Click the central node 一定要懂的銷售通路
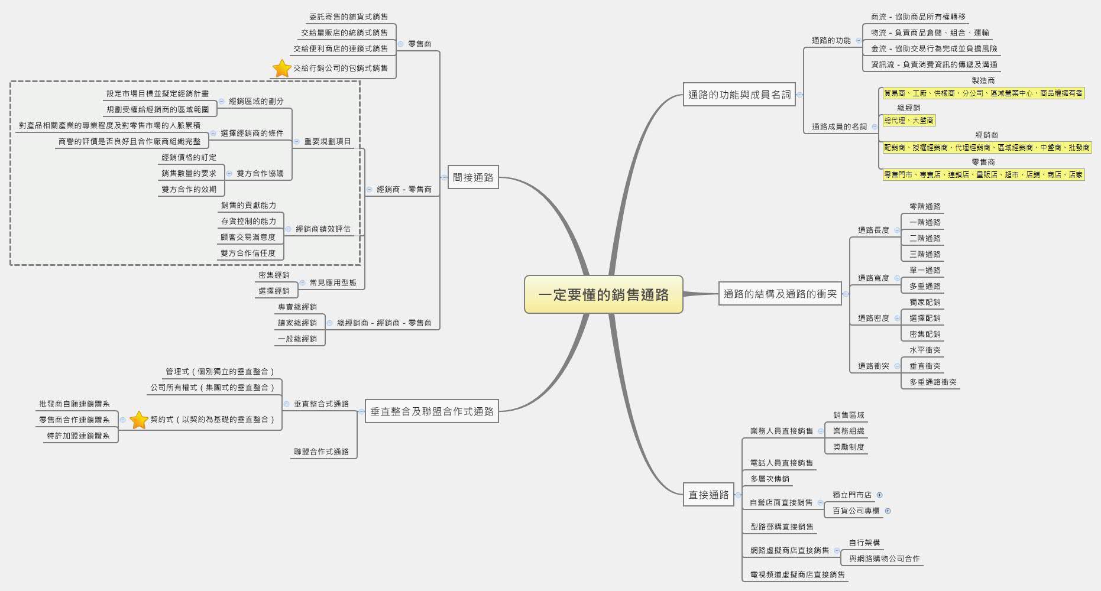pos(603,294)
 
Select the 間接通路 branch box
pos(473,177)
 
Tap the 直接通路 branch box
pos(708,495)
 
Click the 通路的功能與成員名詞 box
pos(739,95)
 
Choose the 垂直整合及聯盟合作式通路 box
pos(432,411)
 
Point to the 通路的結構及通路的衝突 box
pos(780,294)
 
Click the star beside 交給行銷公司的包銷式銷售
pos(281,69)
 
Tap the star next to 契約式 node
pos(138,420)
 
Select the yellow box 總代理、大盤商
pos(909,121)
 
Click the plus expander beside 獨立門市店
pos(879,495)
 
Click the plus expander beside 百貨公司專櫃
pos(888,511)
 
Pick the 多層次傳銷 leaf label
pos(769,479)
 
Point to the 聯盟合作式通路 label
pos(321,452)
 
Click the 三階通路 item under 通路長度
pos(925,254)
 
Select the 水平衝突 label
pos(925,350)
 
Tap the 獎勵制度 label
pos(849,447)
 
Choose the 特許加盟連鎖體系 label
pos(79,436)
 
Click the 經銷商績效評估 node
pos(323,229)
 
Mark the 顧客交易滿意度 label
pos(248,237)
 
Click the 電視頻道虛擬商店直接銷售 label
pos(797,574)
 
